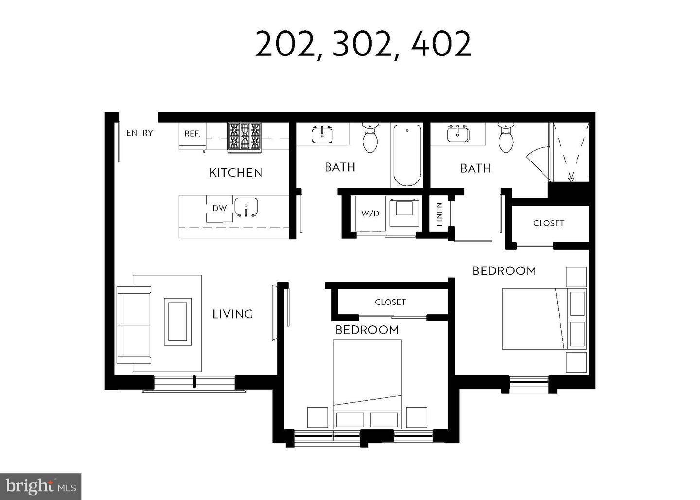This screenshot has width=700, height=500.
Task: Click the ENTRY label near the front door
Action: click(x=140, y=133)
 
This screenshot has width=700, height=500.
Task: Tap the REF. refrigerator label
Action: click(x=192, y=134)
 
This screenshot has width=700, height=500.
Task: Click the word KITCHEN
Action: click(x=235, y=173)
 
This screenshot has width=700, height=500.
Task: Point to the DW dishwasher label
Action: click(x=220, y=208)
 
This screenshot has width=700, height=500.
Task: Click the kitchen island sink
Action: click(x=246, y=207)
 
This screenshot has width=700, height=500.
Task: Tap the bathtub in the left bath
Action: click(x=407, y=155)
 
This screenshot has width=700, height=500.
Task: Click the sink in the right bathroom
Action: click(x=458, y=134)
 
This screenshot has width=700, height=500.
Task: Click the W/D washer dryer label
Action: click(x=370, y=214)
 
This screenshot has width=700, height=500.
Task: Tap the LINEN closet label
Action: click(x=439, y=214)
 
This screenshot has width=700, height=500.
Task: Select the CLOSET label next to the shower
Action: click(x=549, y=223)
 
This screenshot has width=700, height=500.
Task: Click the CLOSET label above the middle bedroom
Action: click(x=390, y=302)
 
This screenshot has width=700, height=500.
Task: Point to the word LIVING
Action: click(x=233, y=314)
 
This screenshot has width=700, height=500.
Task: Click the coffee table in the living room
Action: click(x=177, y=321)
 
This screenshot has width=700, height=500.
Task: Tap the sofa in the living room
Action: click(x=134, y=324)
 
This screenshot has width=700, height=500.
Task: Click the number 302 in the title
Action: click(x=362, y=44)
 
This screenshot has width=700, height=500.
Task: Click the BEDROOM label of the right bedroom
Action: click(x=504, y=271)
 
